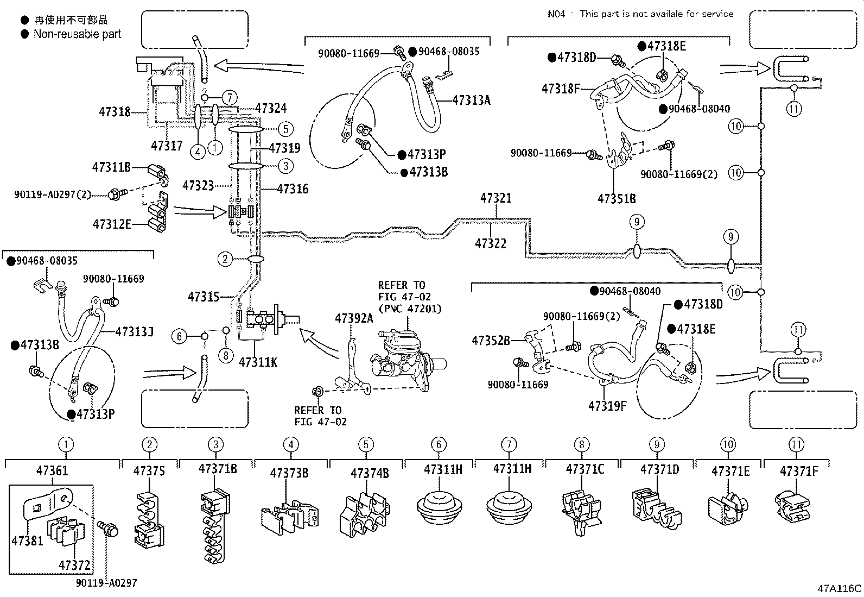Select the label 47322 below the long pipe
490,244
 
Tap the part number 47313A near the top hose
471,100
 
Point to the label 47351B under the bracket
617,199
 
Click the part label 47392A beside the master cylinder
354,318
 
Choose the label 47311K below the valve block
258,361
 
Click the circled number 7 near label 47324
230,98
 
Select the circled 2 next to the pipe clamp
225,259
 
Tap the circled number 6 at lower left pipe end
180,336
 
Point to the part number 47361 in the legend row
53,470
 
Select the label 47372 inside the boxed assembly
74,565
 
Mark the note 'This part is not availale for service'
656,14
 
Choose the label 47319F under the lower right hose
607,405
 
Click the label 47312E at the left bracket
111,224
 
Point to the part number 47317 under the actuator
167,146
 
